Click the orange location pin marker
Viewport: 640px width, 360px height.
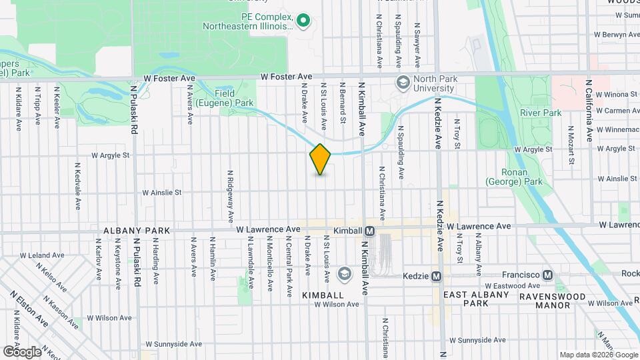pyautogui.click(x=320, y=159)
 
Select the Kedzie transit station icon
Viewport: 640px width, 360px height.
pyautogui.click(x=437, y=275)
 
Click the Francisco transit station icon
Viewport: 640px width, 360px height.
pyautogui.click(x=548, y=275)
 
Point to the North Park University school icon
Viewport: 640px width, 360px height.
pyautogui.click(x=403, y=83)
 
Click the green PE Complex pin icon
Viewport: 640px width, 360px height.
pyautogui.click(x=304, y=21)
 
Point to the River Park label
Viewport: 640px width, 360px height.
pyautogui.click(x=541, y=113)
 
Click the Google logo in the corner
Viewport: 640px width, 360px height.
pyautogui.click(x=21, y=351)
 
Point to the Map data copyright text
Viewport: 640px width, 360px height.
pyautogui.click(x=598, y=355)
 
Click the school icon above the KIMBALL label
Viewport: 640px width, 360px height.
pyautogui.click(x=345, y=274)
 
